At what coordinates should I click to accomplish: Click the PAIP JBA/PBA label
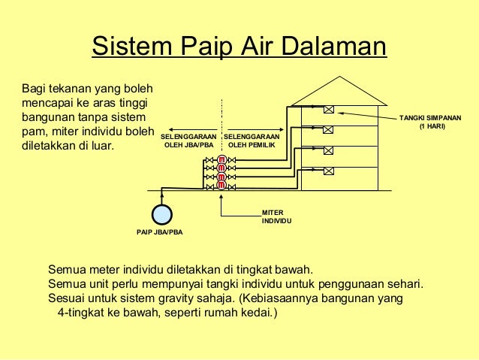click(x=159, y=232)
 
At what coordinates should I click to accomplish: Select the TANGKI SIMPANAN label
click(x=430, y=119)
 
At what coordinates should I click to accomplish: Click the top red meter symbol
click(x=221, y=159)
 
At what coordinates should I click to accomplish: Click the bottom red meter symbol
click(x=221, y=185)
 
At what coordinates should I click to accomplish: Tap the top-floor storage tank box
click(x=328, y=109)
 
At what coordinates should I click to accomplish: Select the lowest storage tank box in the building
click(x=328, y=171)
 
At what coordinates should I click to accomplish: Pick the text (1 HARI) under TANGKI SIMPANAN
click(x=432, y=127)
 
